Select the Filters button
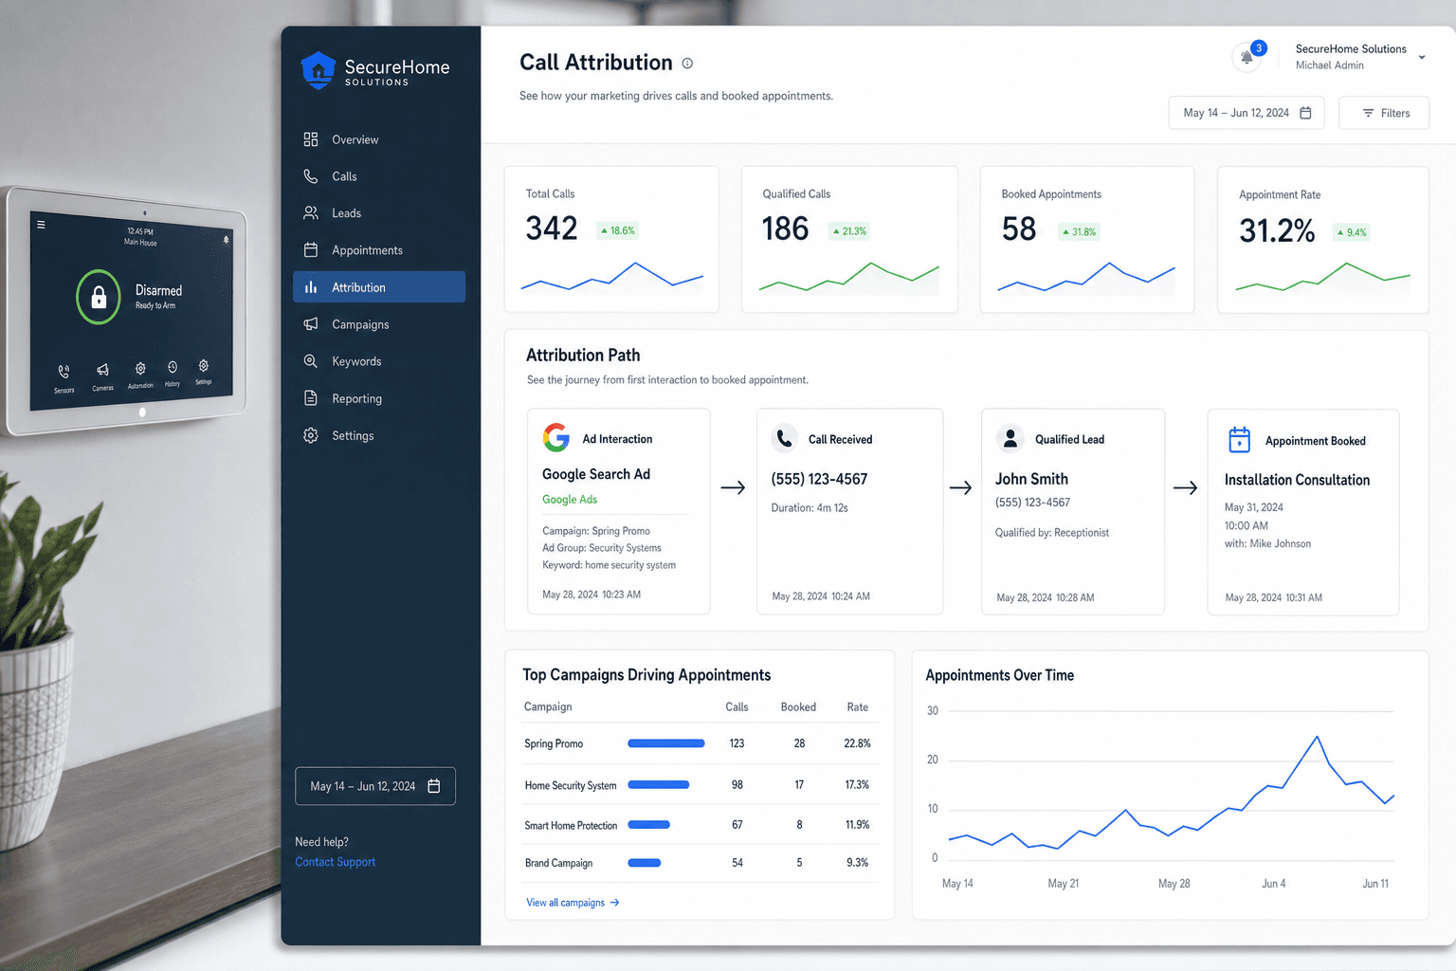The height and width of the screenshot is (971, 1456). (x=1384, y=113)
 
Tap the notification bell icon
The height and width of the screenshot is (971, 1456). (x=1247, y=57)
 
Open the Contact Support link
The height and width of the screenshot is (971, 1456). (x=335, y=862)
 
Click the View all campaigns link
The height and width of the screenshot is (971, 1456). (x=572, y=903)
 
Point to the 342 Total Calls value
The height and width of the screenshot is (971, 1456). (x=551, y=229)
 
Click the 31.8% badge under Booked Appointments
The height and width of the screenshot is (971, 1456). (x=1079, y=231)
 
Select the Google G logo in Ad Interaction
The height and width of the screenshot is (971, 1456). (x=556, y=438)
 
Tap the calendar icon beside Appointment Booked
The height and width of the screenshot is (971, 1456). (x=1239, y=440)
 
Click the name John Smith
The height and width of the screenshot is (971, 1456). (x=1031, y=479)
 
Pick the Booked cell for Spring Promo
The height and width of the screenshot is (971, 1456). (x=799, y=743)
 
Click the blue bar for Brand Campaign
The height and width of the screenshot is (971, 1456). (x=645, y=863)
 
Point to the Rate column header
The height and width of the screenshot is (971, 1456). (x=857, y=707)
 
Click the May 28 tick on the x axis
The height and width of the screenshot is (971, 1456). (x=1174, y=884)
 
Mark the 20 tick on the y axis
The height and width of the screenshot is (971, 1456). (x=933, y=760)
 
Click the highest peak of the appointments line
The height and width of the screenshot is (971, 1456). (x=1317, y=736)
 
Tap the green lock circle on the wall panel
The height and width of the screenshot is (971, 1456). (x=99, y=297)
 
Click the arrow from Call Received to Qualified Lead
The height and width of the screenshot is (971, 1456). (x=960, y=487)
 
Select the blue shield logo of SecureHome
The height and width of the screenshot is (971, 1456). (x=318, y=70)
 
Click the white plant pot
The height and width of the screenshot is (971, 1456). (x=32, y=742)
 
